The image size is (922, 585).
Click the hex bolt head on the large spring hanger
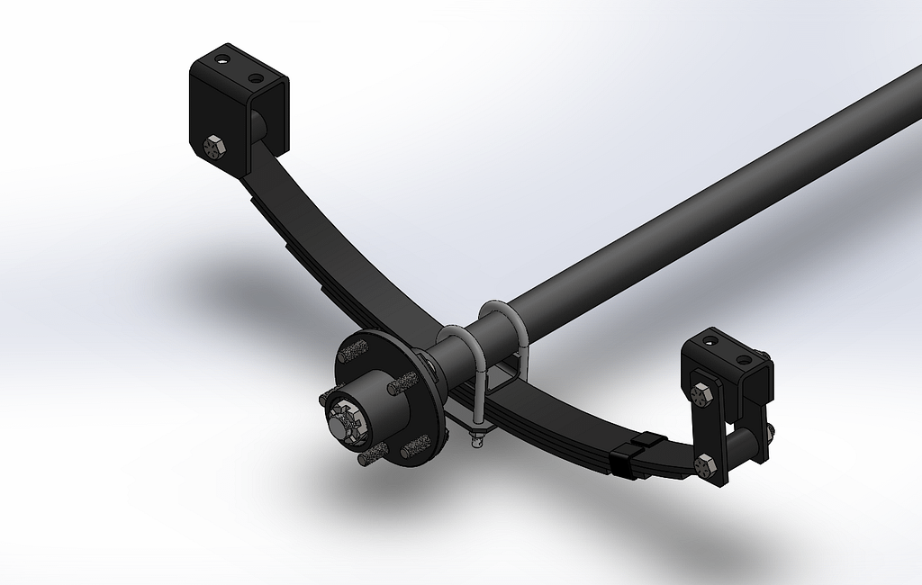(213, 146)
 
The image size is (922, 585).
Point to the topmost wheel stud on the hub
(355, 347)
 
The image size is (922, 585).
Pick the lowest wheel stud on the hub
(371, 458)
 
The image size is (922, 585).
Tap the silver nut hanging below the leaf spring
(477, 438)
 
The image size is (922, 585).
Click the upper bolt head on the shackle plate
(704, 392)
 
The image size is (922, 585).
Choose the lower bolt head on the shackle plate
(705, 465)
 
